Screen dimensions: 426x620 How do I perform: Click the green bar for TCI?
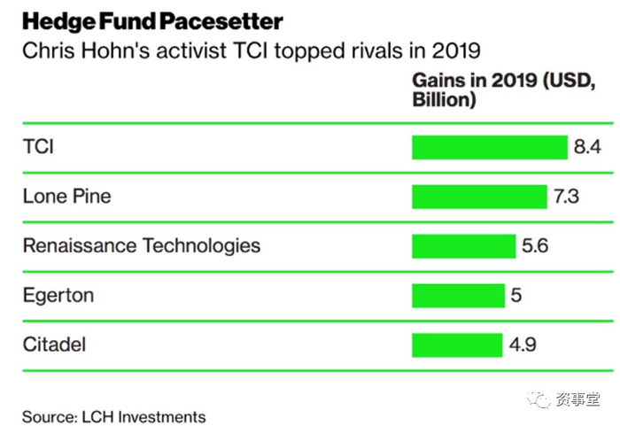tap(489, 147)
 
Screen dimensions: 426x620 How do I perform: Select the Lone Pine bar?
tap(479, 197)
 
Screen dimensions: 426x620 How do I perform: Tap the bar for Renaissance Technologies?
tap(463, 245)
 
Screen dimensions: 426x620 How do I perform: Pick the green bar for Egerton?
tap(458, 295)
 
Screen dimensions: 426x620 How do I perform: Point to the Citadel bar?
tap(457, 344)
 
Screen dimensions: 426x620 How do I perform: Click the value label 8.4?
tap(587, 147)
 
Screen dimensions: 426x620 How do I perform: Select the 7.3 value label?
tap(567, 197)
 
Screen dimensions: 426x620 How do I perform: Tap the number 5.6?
tap(535, 245)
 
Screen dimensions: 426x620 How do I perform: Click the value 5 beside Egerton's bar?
tap(515, 295)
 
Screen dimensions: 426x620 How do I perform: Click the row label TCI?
tap(38, 147)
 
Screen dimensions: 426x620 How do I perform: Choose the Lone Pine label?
tap(67, 197)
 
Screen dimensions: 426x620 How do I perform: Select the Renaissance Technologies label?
tap(142, 245)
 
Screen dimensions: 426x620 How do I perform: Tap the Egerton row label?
tap(58, 295)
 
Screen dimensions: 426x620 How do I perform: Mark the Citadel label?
tap(54, 344)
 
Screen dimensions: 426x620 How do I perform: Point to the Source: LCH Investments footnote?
tap(114, 416)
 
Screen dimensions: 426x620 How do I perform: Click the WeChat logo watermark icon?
tap(540, 400)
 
